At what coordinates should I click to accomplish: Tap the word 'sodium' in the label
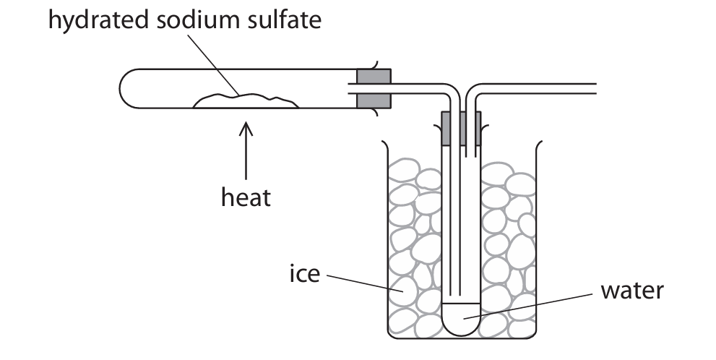(191, 20)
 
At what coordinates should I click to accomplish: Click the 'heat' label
(246, 197)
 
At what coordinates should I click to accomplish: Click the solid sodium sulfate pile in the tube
(246, 102)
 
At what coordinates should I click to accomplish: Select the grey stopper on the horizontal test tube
(374, 89)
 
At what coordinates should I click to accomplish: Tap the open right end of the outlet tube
(594, 88)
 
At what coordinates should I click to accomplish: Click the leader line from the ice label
(361, 282)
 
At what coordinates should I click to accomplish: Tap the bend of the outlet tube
(474, 91)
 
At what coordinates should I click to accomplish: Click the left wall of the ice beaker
(384, 239)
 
